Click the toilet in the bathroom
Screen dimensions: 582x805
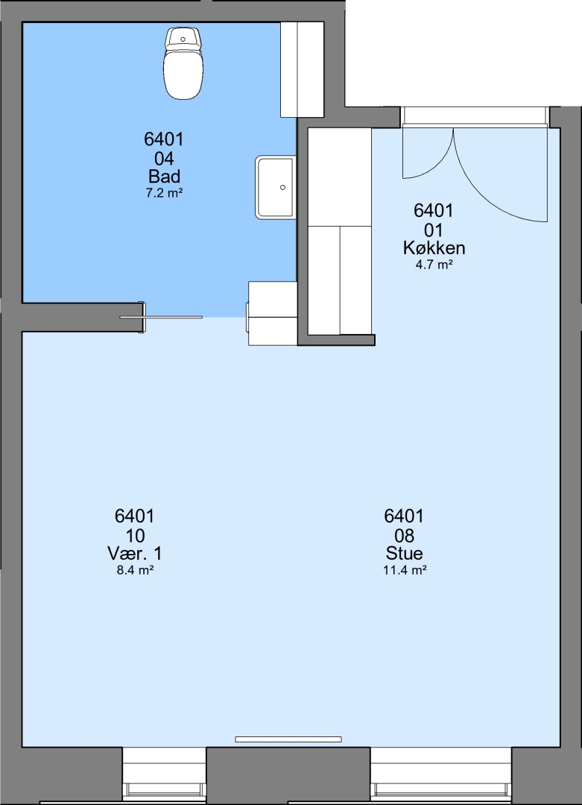tap(184, 63)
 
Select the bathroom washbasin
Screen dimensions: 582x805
tap(276, 187)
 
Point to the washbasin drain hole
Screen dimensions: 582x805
tap(282, 187)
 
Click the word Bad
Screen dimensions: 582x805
tap(164, 176)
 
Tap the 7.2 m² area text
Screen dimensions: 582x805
tap(164, 193)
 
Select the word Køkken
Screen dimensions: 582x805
tap(434, 247)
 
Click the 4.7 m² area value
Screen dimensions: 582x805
tap(434, 265)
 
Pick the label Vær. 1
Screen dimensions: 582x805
tap(134, 553)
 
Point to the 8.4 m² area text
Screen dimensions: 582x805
tap(135, 570)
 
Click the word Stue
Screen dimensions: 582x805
tap(405, 553)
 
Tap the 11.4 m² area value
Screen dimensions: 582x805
tap(405, 570)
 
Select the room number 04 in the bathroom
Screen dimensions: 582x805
tap(164, 158)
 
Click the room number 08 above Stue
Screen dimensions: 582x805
tap(405, 535)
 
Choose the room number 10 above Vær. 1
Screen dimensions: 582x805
tap(134, 535)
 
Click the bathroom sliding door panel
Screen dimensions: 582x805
tap(161, 318)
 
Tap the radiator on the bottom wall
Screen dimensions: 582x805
tap(288, 739)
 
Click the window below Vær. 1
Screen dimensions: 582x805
tap(164, 776)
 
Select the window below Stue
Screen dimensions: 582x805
tap(441, 776)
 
